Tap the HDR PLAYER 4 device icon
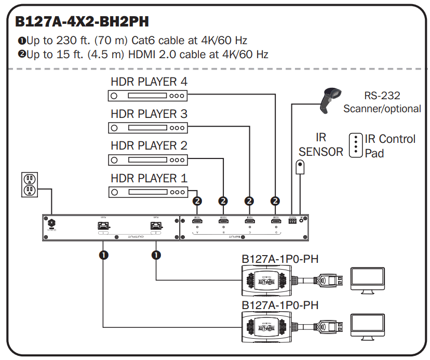tap(147, 96)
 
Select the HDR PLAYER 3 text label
tap(149, 114)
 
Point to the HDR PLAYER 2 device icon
tap(147, 159)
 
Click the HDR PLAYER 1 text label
tap(149, 178)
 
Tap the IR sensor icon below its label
tap(300, 167)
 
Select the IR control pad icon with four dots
tap(355, 145)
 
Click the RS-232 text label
tap(382, 96)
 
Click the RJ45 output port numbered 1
tap(103, 226)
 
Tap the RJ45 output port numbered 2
tap(155, 226)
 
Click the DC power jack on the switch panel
tap(51, 224)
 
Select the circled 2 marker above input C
tap(249, 201)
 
